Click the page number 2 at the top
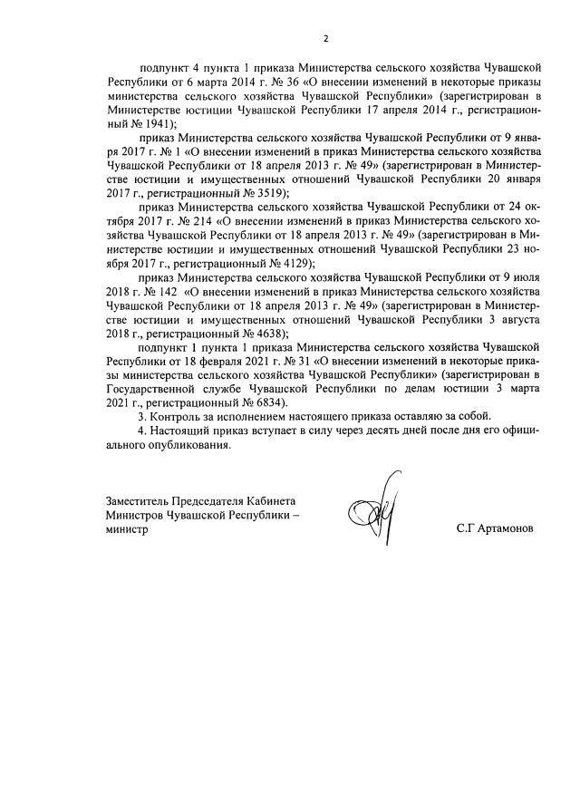click(324, 37)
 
